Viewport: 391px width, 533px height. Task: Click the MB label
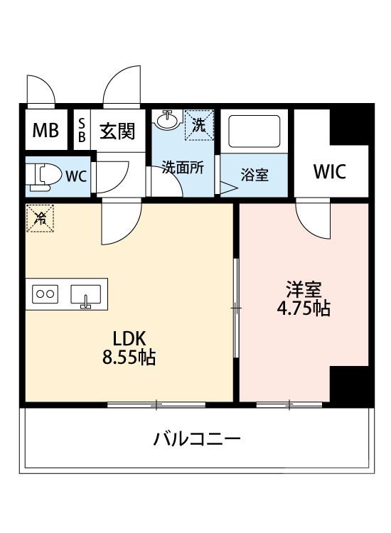pyautogui.click(x=45, y=131)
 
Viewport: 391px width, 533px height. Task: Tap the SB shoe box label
pyautogui.click(x=82, y=131)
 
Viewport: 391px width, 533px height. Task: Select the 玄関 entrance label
pyautogui.click(x=117, y=131)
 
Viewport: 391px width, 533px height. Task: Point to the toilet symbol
pyautogui.click(x=45, y=175)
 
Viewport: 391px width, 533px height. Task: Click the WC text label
pyautogui.click(x=77, y=176)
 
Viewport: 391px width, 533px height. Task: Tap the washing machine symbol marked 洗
pyautogui.click(x=199, y=125)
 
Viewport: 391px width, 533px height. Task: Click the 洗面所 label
pyautogui.click(x=183, y=168)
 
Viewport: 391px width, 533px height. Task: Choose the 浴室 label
pyautogui.click(x=255, y=175)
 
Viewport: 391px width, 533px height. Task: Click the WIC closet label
pyautogui.click(x=330, y=172)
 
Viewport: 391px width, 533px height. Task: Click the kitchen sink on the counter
pyautogui.click(x=85, y=294)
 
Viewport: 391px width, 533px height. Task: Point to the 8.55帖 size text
pyautogui.click(x=129, y=357)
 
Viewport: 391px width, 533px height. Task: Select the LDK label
pyautogui.click(x=129, y=338)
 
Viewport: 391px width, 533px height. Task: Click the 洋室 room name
pyautogui.click(x=304, y=289)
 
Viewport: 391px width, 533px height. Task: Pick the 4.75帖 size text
pyautogui.click(x=304, y=309)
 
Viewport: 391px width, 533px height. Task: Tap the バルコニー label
pyautogui.click(x=197, y=439)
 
